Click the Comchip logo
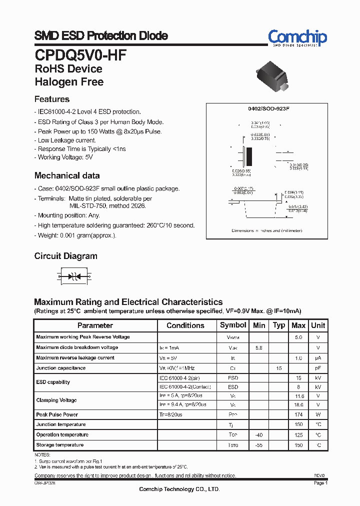coord(297,38)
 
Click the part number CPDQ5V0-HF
coord(80,54)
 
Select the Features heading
coord(52,99)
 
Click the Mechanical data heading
coord(67,175)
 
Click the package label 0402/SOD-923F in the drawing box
coord(268,108)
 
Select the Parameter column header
coord(95,325)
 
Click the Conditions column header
coord(185,325)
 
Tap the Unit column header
coord(318,325)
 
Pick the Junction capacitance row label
coord(60,368)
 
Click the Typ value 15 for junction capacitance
coord(278,368)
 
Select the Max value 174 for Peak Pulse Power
coord(298,414)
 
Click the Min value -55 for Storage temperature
coord(259,445)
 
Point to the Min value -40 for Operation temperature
coord(259,435)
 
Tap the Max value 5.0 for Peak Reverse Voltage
coord(298,337)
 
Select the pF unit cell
coord(318,368)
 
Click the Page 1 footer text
coord(320,483)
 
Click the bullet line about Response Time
coord(82,149)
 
